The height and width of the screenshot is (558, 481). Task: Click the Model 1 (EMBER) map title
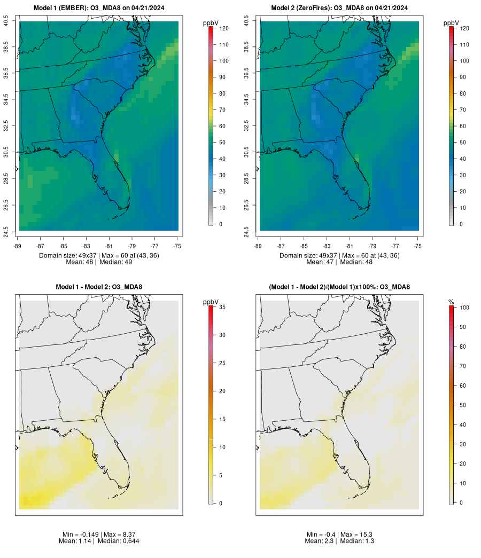(x=99, y=8)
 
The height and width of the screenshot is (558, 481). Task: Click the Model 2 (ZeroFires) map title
(x=339, y=8)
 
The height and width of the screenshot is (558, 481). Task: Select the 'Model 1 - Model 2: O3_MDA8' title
(x=99, y=287)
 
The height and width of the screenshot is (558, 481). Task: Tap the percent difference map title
(x=339, y=287)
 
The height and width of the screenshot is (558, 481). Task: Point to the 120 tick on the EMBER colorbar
(x=223, y=28)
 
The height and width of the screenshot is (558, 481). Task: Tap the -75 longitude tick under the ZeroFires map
(x=418, y=246)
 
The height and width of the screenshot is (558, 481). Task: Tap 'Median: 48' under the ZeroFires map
(x=355, y=262)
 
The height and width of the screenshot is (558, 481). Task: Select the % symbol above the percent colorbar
(x=452, y=302)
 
